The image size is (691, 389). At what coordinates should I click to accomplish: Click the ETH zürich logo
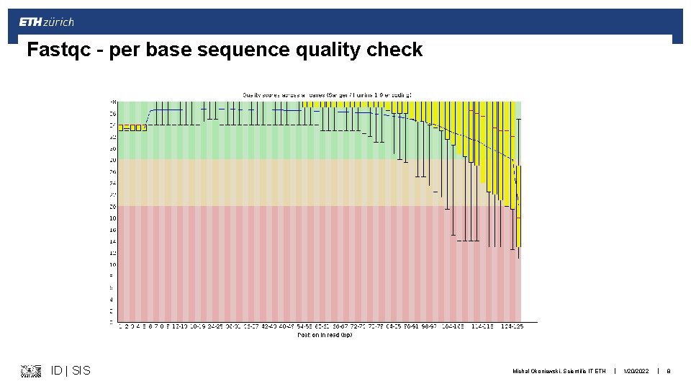coord(46,22)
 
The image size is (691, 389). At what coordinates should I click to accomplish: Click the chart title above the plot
coord(327,94)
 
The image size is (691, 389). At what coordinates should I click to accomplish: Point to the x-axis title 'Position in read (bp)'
coord(325,335)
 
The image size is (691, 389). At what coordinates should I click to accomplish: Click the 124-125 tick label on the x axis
coord(512,327)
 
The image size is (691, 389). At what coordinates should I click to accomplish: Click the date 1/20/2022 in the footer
coord(636,371)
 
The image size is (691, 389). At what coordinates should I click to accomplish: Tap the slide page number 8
coord(669,371)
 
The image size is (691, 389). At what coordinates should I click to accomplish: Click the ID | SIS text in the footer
coord(71,370)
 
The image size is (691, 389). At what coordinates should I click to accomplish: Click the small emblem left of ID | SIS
coord(31,371)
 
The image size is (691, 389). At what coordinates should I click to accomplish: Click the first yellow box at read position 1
coord(121,128)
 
